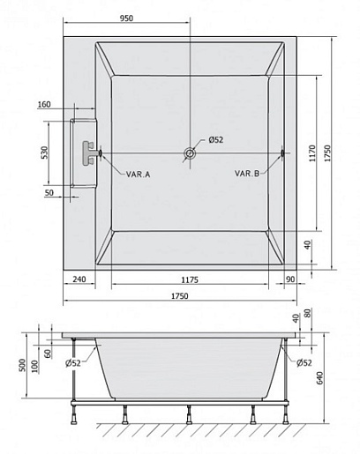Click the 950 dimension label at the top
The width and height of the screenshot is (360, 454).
(x=126, y=18)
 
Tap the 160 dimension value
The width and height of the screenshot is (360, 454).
(x=44, y=104)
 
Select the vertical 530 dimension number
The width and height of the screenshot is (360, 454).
(x=44, y=153)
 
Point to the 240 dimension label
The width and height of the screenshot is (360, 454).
(x=79, y=279)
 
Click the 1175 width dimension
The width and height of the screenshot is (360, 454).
(x=190, y=279)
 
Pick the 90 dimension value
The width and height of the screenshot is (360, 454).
(x=290, y=279)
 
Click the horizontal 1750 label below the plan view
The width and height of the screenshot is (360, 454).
(x=180, y=296)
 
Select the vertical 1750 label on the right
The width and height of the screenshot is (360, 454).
(x=327, y=153)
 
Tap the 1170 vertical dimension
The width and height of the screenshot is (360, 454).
(x=312, y=153)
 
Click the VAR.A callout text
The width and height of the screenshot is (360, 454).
(x=138, y=175)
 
